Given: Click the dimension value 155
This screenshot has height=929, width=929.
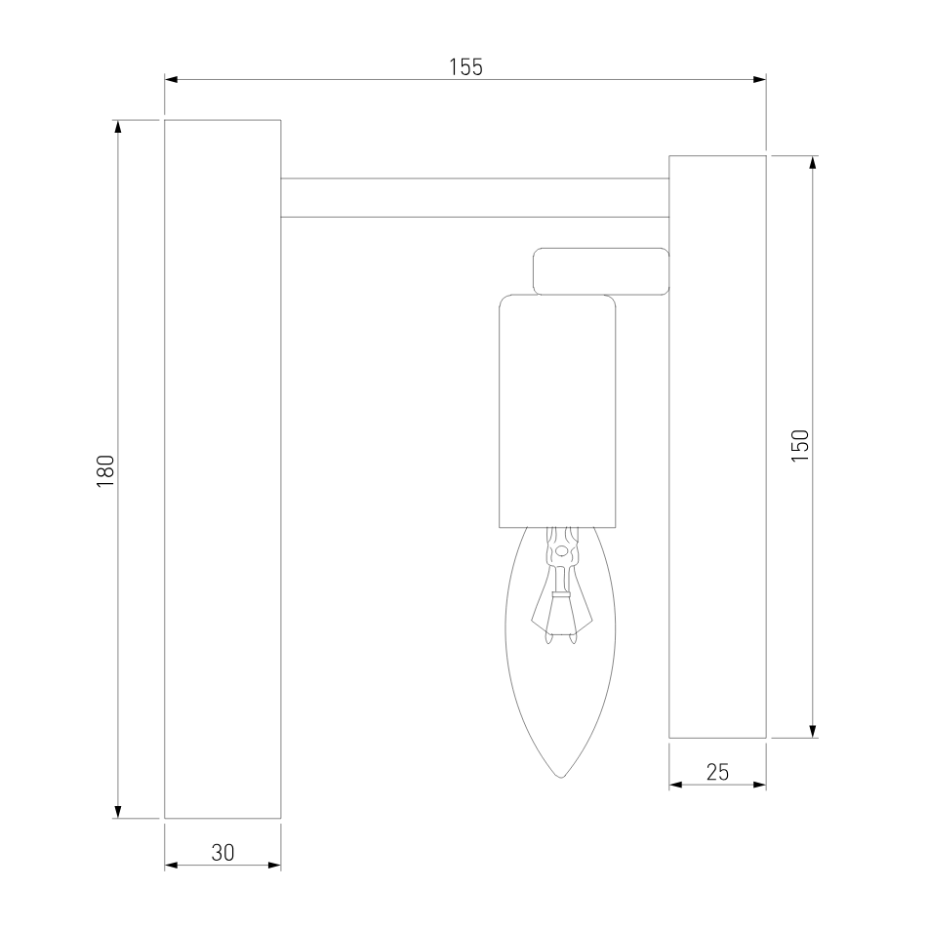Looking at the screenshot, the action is point(465,67).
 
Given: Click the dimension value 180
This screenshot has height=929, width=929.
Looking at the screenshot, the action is point(105,471).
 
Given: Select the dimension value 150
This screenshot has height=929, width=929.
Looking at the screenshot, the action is point(800,446).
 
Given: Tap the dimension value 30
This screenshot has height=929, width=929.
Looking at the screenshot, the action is point(222,853).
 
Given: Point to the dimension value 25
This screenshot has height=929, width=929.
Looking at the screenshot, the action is point(717,772).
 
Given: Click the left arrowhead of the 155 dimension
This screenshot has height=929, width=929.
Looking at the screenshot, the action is point(171,79).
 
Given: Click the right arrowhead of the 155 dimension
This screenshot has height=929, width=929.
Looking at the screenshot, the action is point(759,79).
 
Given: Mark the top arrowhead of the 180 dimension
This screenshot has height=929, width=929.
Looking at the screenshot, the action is point(118,127).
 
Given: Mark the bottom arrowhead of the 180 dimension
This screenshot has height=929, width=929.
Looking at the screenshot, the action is point(118,812).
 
